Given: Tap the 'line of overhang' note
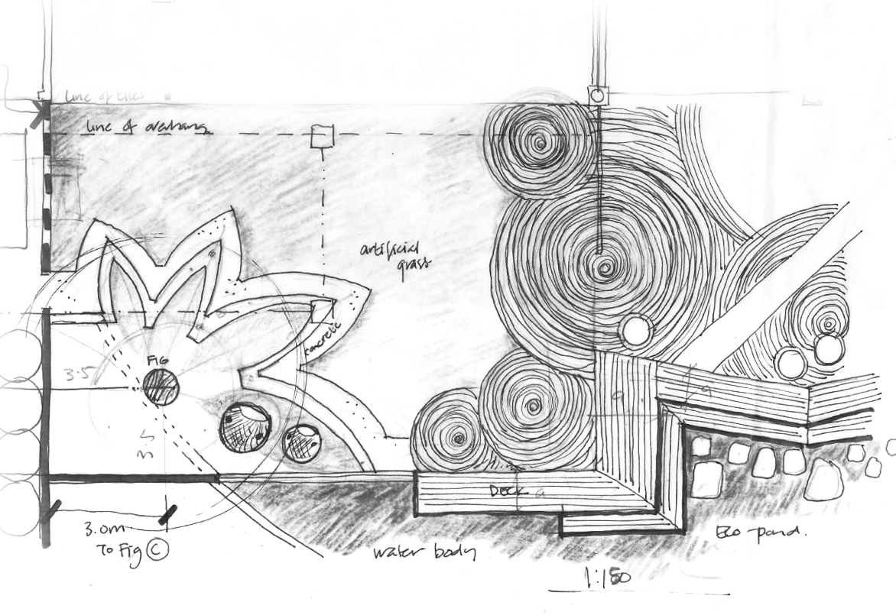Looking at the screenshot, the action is click(145, 128).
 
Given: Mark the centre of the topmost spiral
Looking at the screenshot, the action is click(544, 142).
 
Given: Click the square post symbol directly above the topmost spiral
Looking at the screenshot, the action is click(596, 95).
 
